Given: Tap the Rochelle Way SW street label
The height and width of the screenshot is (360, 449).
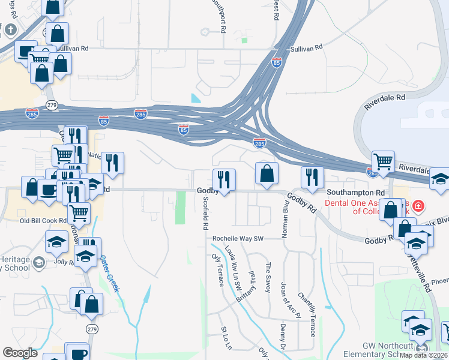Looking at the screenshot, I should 238,238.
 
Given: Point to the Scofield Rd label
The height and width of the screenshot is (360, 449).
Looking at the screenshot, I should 205,214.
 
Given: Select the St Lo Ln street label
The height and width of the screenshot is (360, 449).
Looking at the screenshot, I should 226,340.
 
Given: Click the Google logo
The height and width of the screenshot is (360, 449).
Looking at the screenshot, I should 20,353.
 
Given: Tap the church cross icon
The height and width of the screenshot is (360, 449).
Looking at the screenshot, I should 10,30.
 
